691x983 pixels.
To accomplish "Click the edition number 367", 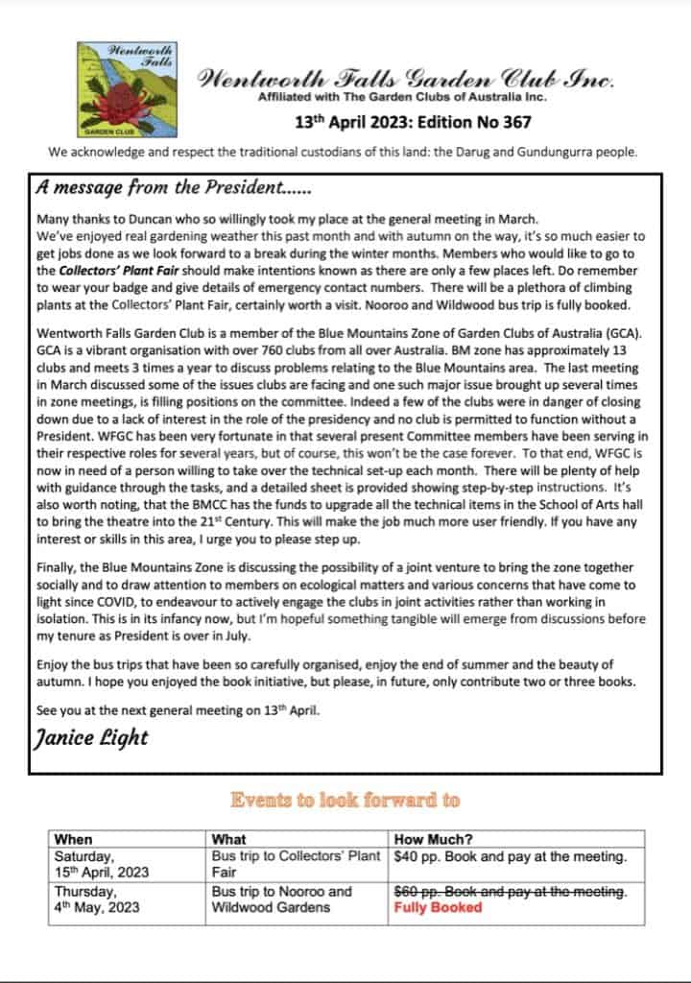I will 513,122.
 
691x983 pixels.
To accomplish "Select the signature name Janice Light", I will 91,736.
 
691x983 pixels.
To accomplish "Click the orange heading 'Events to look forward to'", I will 345,799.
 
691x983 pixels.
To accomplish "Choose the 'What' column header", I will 228,839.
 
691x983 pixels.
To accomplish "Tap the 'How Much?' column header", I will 434,839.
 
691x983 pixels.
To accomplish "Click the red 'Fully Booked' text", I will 438,907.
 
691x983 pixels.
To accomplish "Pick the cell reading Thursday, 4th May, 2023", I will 97,899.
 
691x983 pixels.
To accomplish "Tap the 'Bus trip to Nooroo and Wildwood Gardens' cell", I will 282,899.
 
